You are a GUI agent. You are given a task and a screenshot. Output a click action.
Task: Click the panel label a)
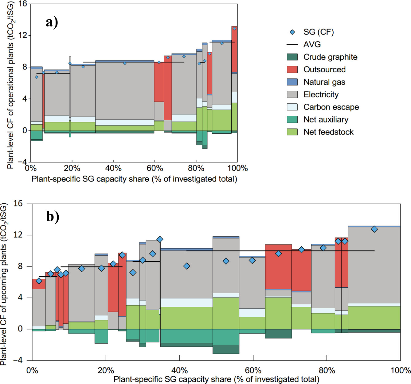(52, 22)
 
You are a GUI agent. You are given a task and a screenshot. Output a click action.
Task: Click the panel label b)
(53, 216)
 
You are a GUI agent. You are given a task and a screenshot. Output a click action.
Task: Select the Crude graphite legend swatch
(292, 57)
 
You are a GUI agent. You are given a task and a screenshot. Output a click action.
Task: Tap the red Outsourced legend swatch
(292, 70)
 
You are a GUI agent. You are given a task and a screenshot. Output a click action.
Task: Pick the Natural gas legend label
(324, 82)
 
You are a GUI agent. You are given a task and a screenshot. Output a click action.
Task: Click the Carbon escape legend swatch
(292, 107)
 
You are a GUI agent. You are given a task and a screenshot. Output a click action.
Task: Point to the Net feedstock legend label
(328, 132)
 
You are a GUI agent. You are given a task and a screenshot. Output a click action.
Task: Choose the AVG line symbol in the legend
(292, 45)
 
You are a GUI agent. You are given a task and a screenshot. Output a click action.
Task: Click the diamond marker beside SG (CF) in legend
(292, 32)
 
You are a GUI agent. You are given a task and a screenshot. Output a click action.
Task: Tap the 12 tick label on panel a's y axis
(23, 35)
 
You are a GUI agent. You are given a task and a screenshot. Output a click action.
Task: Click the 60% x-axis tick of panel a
(155, 168)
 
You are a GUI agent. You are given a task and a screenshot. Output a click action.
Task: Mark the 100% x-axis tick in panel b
(400, 370)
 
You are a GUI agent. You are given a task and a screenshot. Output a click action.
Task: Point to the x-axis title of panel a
(134, 179)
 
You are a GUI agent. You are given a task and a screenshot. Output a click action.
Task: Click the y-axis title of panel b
(4, 285)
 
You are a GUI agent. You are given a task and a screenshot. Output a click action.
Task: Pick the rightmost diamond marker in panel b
(374, 229)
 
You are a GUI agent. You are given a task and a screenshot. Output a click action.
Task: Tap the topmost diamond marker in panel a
(234, 29)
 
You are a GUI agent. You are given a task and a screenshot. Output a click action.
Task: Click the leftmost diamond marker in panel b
(39, 281)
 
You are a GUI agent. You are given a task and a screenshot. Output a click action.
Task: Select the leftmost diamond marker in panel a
(37, 77)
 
